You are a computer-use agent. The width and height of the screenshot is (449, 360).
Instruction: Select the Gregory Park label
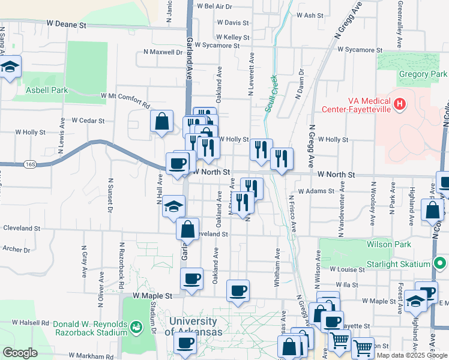tap(423, 74)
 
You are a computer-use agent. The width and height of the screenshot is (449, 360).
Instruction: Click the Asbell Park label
tap(47, 91)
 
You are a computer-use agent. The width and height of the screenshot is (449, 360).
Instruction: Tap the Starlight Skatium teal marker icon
tap(441, 264)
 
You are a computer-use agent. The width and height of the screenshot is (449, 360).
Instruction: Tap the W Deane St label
tap(67, 25)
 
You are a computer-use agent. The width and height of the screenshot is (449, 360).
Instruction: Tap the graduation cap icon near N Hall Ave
tap(173, 206)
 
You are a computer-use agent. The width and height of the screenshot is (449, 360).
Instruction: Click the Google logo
tap(20, 353)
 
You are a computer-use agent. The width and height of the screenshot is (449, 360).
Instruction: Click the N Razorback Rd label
tap(121, 262)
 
